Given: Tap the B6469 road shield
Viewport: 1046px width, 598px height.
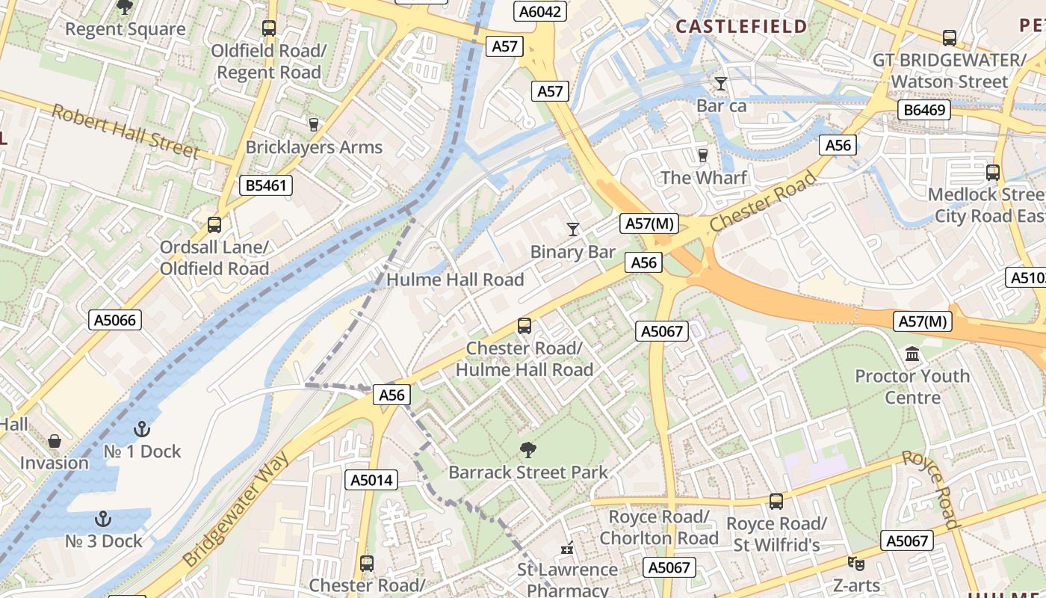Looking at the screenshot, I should coord(925,111).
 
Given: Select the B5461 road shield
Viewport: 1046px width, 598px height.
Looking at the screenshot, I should coord(265,185).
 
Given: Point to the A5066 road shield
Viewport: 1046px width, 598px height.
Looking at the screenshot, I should coord(115,321).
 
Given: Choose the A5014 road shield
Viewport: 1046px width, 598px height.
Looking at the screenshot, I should coord(371,480).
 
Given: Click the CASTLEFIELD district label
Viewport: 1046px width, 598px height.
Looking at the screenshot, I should coord(741,27).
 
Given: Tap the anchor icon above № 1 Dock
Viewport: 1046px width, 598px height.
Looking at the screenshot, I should coord(141,429).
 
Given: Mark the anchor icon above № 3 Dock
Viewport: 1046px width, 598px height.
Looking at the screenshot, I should coord(103,519).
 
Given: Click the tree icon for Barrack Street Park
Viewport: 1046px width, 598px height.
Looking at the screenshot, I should coord(528,450).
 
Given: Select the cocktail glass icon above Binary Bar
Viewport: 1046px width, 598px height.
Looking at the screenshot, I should coord(573,229).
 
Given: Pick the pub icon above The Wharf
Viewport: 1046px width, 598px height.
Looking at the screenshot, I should coord(702,155).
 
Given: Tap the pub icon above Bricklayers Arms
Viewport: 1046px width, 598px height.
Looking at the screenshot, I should coord(314,124).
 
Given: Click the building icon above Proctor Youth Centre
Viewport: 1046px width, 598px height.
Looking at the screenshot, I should coord(912,354).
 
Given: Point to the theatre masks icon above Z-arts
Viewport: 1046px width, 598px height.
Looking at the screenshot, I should coord(856,563).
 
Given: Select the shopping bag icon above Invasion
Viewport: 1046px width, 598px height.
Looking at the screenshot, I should coord(54,441).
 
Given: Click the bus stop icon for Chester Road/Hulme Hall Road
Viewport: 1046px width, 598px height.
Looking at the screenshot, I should coord(524,326).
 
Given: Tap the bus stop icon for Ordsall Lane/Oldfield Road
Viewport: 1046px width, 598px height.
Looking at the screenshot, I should coord(214,224).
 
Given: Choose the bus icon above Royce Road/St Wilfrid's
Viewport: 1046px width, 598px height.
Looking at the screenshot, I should coord(776,502).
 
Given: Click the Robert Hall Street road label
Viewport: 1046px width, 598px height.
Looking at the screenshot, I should coord(126,132).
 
